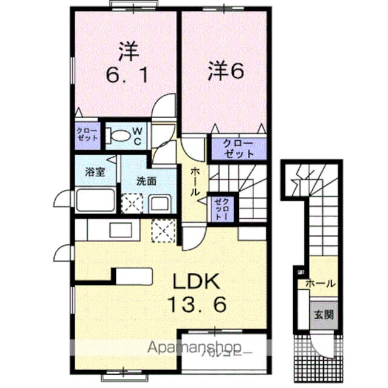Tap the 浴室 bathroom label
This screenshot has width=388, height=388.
96,172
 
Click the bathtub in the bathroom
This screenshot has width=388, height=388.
96,199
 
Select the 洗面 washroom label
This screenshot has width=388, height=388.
147,181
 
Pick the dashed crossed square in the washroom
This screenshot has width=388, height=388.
132,203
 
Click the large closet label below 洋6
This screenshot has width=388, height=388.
238,149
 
